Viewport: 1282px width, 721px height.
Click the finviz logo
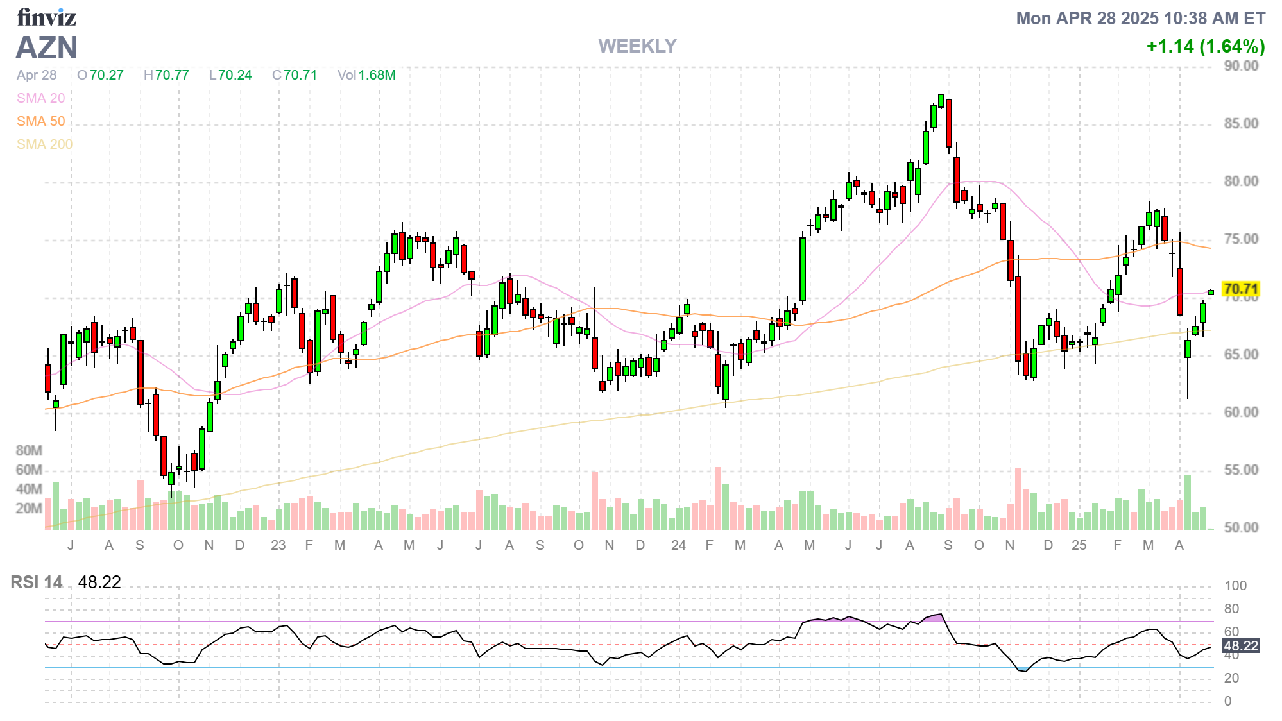pos(46,17)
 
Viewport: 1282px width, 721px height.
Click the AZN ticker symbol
pos(46,47)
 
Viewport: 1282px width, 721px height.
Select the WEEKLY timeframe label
pos(637,46)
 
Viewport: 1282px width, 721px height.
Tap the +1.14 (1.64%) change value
pos(1205,46)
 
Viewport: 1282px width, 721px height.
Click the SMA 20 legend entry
pos(40,98)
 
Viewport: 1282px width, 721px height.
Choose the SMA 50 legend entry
pos(40,121)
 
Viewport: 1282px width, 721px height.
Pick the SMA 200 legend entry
pos(44,144)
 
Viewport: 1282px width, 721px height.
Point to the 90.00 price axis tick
pos(1241,65)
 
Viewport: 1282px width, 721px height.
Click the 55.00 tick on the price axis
pos(1241,470)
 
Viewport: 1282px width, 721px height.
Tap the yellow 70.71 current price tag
pos(1240,289)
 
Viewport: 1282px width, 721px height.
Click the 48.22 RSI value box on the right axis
pos(1240,645)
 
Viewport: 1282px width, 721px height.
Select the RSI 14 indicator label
pos(37,582)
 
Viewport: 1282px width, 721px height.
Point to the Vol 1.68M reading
pos(366,75)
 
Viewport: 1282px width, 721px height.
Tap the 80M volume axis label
pos(29,450)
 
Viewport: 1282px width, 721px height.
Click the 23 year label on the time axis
pos(278,545)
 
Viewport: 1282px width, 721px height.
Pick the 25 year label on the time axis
pos(1079,545)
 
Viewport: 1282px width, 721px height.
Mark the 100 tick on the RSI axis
pos(1235,586)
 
